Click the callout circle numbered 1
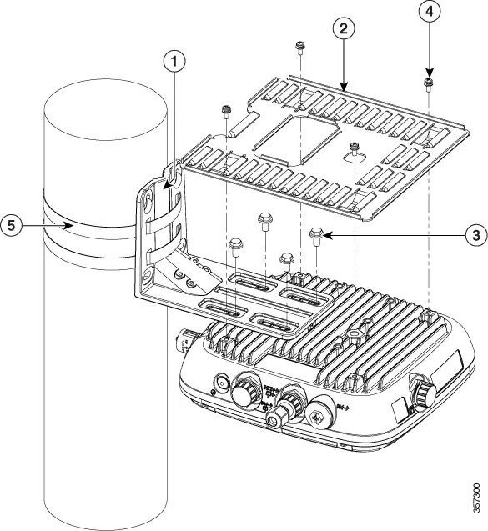click(x=173, y=62)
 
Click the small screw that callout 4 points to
click(x=427, y=84)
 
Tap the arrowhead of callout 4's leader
click(x=427, y=73)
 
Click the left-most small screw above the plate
click(x=225, y=109)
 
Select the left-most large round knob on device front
click(x=244, y=390)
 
